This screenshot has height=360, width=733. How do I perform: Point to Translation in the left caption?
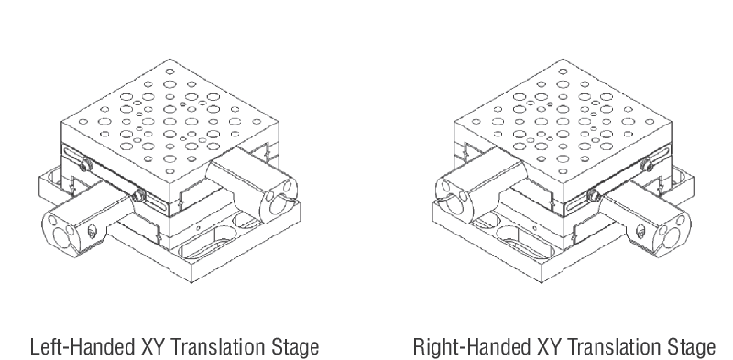[x=217, y=347]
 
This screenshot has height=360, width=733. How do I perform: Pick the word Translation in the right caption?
[x=614, y=347]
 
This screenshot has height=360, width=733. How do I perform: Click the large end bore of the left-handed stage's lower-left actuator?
[x=62, y=236]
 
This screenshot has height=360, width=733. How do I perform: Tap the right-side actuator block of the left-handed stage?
[x=253, y=184]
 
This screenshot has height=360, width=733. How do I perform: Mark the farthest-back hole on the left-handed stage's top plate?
[x=170, y=72]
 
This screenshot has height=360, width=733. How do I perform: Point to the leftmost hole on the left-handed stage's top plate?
[x=82, y=122]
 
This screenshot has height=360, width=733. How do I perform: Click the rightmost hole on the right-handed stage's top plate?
[x=650, y=122]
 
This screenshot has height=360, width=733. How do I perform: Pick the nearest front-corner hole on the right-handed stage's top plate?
[x=563, y=171]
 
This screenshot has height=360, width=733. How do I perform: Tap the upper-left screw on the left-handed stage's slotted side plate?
[x=85, y=165]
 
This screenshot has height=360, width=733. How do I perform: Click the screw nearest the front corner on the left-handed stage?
[x=138, y=195]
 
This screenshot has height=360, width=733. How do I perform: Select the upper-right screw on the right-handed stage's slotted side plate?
[x=648, y=165]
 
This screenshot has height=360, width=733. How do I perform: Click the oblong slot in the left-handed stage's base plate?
[x=205, y=241]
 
